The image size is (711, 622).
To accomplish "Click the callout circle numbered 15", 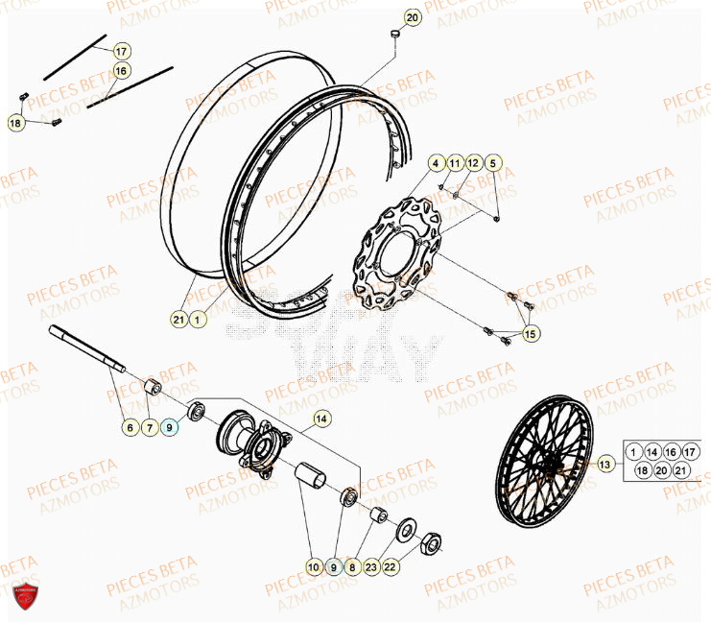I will click(530, 333).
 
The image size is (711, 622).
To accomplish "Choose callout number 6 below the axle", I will click(130, 427).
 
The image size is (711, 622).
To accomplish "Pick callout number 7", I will click(149, 427).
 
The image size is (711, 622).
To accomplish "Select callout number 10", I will click(315, 567).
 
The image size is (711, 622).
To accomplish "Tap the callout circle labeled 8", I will click(352, 567).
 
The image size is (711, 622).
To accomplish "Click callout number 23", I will click(371, 567).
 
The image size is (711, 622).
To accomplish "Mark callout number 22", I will click(391, 567).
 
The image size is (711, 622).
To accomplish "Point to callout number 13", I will click(604, 466).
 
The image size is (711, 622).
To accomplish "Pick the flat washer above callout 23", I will click(404, 527).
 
